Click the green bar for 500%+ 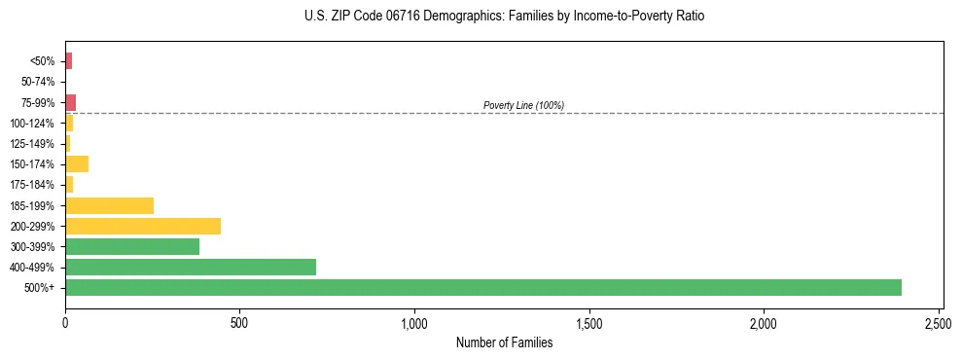click(483, 288)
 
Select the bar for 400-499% click(191, 267)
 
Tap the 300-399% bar click(132, 246)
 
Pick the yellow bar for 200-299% click(143, 226)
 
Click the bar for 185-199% click(109, 205)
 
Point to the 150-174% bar click(77, 163)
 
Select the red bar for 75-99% click(71, 102)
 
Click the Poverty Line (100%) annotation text click(523, 105)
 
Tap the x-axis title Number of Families click(504, 342)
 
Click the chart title click(504, 17)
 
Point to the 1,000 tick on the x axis click(414, 322)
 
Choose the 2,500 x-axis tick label click(939, 322)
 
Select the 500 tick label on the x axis click(239, 322)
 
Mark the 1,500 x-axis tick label click(589, 322)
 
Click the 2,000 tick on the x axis click(764, 322)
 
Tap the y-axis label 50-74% click(37, 82)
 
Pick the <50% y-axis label click(42, 61)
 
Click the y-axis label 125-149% click(32, 144)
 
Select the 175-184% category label click(32, 185)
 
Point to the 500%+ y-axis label click(40, 288)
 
